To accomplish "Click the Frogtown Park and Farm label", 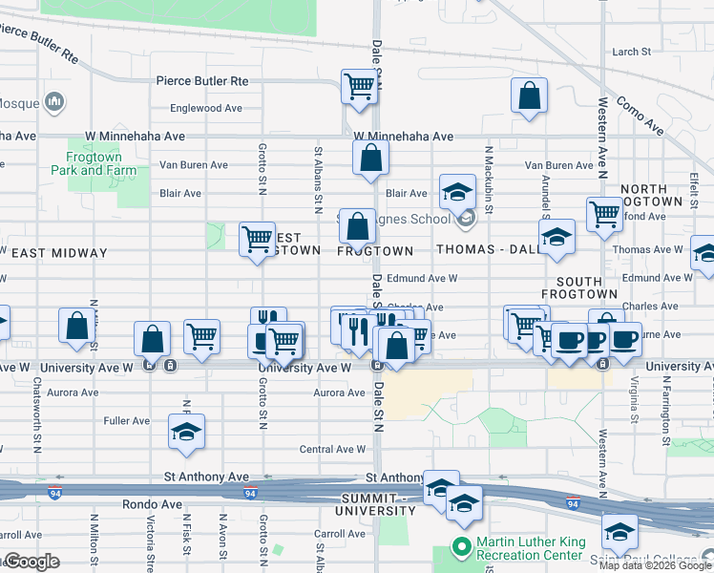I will (x=93, y=163).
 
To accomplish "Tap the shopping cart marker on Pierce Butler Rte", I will (x=359, y=86).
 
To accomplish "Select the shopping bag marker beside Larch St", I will (x=528, y=96).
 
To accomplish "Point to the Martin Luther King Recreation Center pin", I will (x=462, y=547).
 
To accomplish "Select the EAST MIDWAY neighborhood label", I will (x=59, y=252).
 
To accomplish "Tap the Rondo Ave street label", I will (x=152, y=504).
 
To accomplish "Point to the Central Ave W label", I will (x=332, y=449).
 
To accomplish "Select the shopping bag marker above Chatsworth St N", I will (x=76, y=326).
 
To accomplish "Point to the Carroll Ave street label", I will (x=340, y=535).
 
